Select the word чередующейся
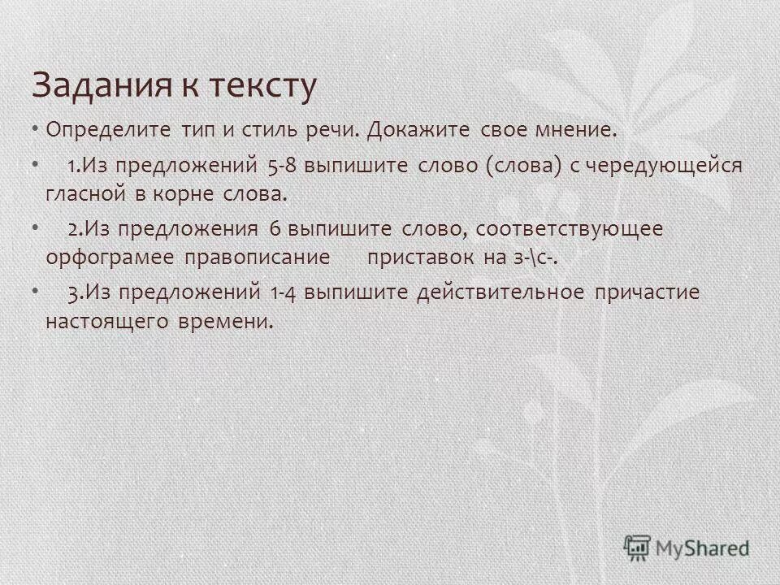665,166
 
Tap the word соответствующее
570,230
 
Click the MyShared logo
687,548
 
